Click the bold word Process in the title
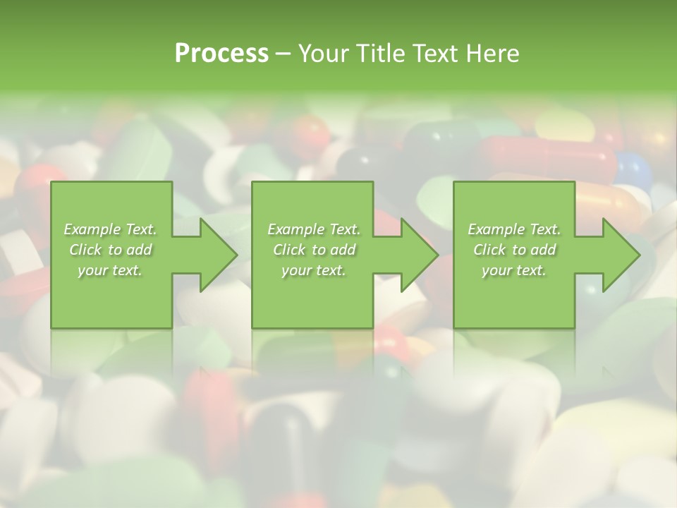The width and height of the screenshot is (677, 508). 221,54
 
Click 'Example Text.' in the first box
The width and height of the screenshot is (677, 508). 110,229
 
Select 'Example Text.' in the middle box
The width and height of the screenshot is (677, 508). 314,229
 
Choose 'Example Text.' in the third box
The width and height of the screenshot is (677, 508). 514,229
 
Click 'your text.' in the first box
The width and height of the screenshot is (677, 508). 110,270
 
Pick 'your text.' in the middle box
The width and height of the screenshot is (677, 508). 314,270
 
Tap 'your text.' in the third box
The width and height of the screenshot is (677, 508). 514,270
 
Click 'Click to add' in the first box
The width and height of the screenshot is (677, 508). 110,250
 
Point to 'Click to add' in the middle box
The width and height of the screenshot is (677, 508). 314,250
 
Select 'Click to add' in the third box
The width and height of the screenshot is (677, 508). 514,250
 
